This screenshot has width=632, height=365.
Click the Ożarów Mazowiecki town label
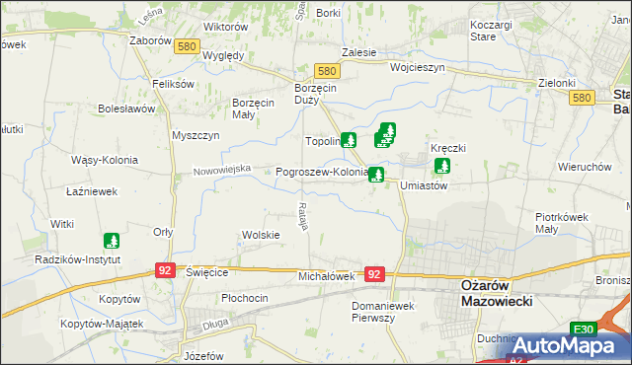tap(497, 292)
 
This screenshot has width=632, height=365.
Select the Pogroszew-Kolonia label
tap(322, 171)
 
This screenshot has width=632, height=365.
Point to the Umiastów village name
tap(424, 185)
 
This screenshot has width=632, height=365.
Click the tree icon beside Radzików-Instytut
tap(112, 240)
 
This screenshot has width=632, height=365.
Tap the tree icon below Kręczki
tap(441, 166)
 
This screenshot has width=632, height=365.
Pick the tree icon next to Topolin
tap(348, 140)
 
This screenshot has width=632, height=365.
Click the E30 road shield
tap(585, 329)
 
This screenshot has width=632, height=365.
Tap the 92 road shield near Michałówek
tap(373, 275)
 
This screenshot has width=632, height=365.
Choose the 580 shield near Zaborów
tap(185, 45)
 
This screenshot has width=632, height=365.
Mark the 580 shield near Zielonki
tap(582, 98)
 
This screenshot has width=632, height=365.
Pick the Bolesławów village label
tap(121, 109)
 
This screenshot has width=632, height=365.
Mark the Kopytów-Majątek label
tap(102, 323)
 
